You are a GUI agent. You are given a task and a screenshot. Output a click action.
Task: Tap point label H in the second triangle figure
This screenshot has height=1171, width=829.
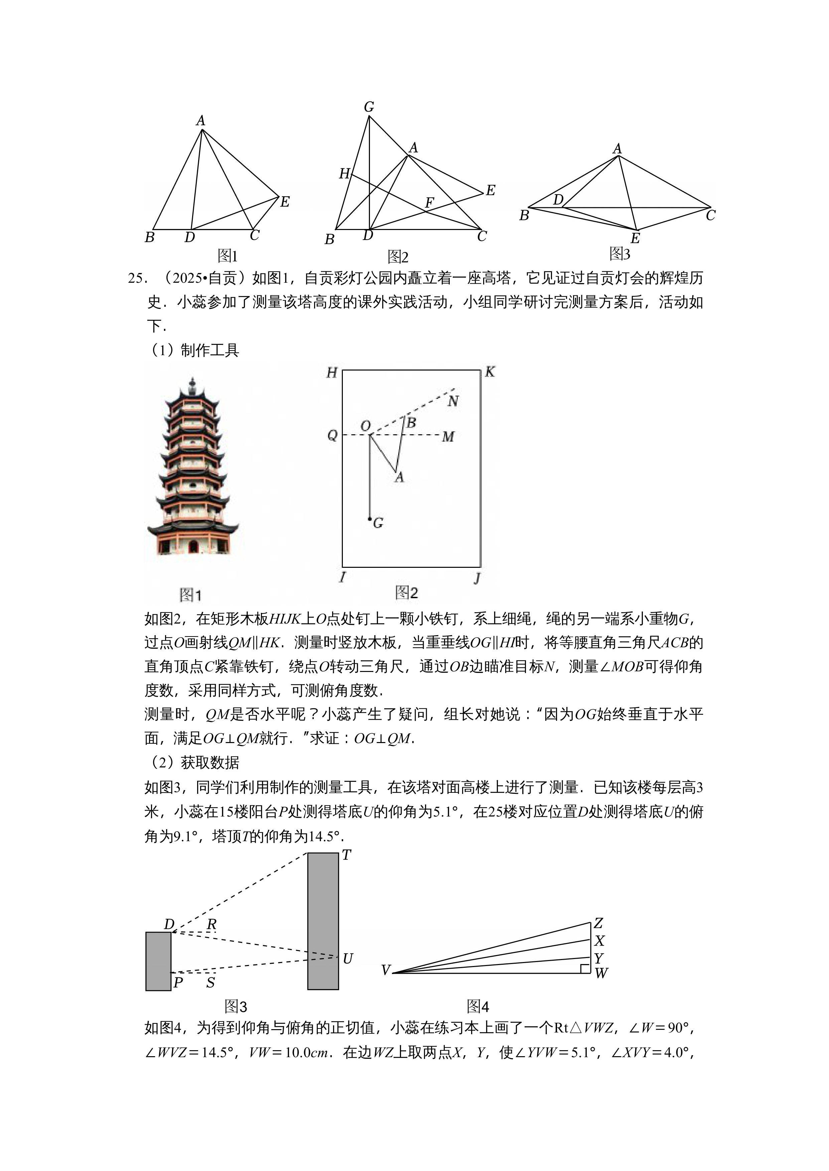[344, 174]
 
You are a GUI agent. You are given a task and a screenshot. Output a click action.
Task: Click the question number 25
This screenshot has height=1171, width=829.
[137, 278]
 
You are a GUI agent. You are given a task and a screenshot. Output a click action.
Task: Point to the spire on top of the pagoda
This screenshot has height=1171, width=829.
[192, 384]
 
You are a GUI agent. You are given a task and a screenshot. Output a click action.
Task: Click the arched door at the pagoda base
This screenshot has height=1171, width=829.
[193, 547]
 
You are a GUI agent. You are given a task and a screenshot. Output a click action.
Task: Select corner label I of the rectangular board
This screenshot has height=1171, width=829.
[342, 577]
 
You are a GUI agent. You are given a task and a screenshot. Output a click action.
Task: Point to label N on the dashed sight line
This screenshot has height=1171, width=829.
[453, 401]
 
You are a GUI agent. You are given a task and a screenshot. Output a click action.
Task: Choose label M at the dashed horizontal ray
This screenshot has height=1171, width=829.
[448, 437]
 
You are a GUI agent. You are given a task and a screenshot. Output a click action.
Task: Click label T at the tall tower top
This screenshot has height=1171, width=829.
[347, 855]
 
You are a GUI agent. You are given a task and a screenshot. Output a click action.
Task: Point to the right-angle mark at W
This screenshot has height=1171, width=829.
[585, 968]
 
